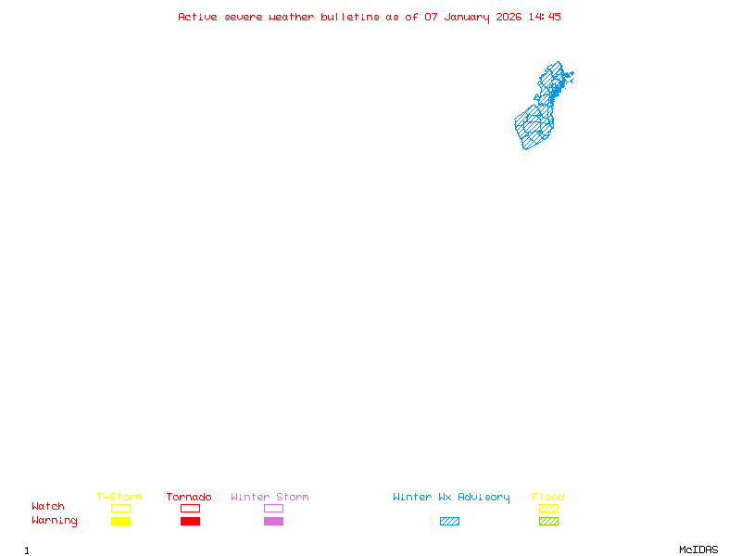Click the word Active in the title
click(x=198, y=17)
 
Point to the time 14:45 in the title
click(x=545, y=17)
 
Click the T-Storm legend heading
click(x=119, y=497)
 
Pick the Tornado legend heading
click(x=189, y=497)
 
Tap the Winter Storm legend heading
click(x=270, y=497)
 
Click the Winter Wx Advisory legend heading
click(x=451, y=497)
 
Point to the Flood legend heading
click(x=548, y=497)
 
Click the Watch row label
click(x=48, y=507)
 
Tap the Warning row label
click(x=55, y=521)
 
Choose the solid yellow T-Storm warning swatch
click(x=120, y=521)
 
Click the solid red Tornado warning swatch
click(x=190, y=521)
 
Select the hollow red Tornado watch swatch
click(x=190, y=508)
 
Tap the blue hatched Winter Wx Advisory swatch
click(x=449, y=521)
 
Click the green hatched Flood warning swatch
click(x=548, y=521)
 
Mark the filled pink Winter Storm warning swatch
click(x=273, y=521)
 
